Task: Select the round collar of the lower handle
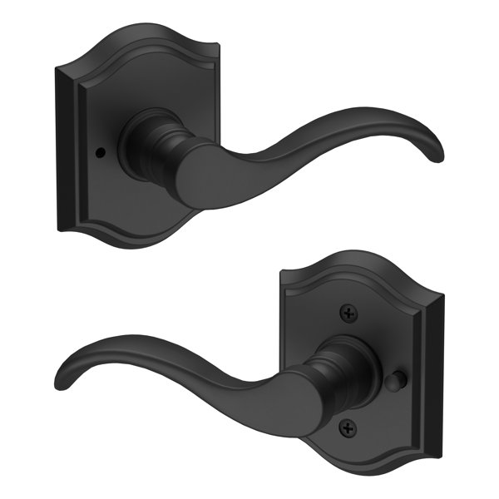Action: pyautogui.click(x=342, y=367)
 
